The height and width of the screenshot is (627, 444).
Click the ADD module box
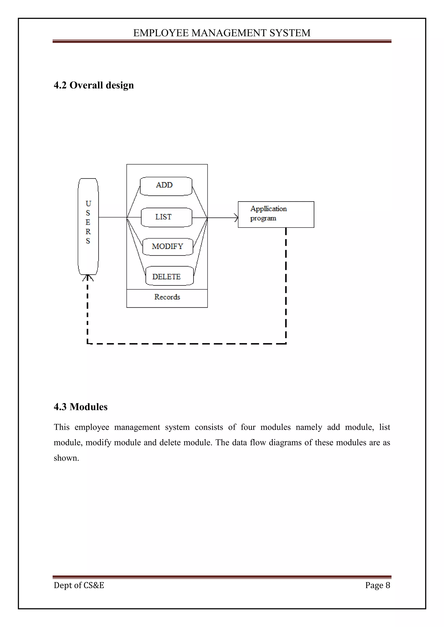tap(166, 186)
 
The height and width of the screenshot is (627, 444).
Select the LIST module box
tap(166, 217)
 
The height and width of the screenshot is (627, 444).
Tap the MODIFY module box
tap(168, 247)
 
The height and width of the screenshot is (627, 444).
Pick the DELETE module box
tap(169, 276)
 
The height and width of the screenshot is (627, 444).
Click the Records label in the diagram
tap(167, 297)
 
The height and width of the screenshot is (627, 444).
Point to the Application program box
tap(276, 214)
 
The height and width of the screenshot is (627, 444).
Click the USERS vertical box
tap(88, 226)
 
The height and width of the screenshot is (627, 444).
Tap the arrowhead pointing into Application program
tap(236, 218)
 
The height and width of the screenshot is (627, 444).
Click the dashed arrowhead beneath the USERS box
tap(88, 278)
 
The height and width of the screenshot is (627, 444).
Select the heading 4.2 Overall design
tap(94, 85)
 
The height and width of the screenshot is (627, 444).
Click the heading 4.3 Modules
tap(81, 407)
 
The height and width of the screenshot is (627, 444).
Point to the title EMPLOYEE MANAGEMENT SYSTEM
tap(222, 33)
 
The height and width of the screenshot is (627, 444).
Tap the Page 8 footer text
tap(378, 585)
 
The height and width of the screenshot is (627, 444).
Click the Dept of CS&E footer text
tap(79, 585)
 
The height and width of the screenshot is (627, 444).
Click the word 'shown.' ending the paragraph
tap(66, 458)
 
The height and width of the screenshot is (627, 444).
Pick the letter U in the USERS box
tap(88, 204)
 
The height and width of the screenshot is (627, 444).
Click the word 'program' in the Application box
tap(263, 218)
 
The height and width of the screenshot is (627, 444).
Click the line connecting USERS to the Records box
tap(112, 217)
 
